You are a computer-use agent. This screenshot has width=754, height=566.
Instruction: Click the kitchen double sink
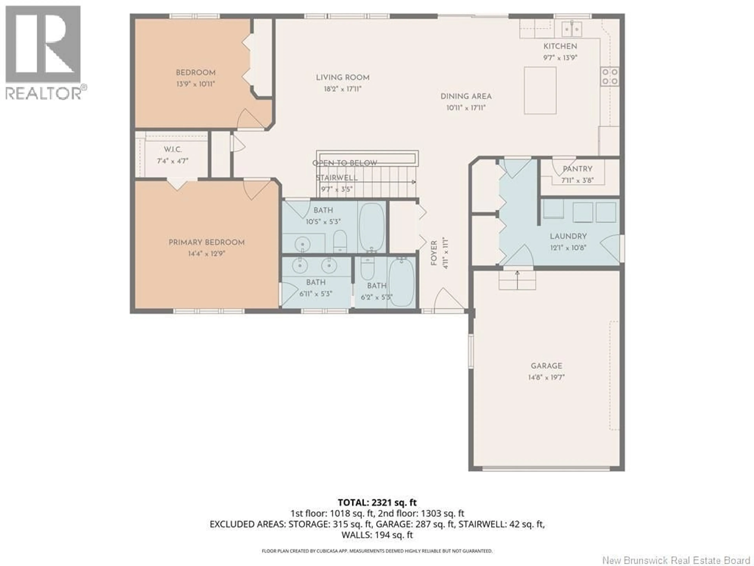(x=572, y=29)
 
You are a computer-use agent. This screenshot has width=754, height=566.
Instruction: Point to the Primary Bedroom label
(x=207, y=243)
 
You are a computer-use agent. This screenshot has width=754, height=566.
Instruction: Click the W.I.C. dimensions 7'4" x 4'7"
(x=173, y=161)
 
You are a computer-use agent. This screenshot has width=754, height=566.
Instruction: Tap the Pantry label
(x=577, y=169)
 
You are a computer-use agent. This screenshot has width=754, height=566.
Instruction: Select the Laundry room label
(x=568, y=236)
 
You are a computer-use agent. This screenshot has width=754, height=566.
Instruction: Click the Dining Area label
(x=466, y=96)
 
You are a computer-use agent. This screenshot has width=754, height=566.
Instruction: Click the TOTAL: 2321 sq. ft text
(x=377, y=503)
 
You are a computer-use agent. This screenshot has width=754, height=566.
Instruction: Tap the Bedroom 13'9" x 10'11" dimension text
(x=196, y=84)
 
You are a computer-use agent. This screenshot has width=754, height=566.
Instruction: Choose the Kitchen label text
(x=560, y=46)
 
